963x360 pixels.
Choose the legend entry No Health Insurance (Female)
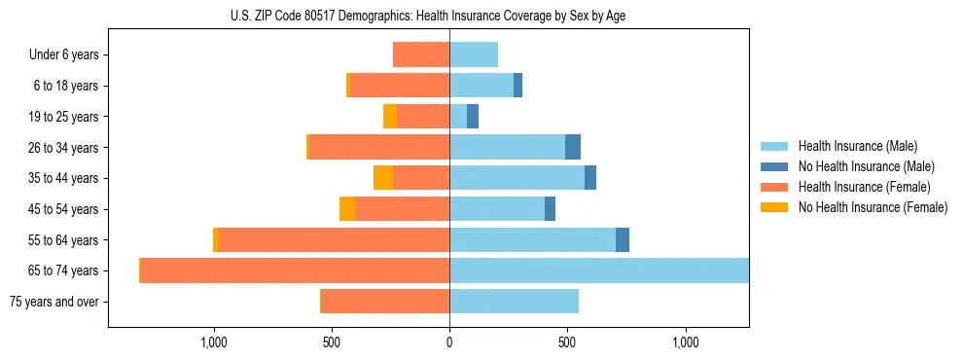(873, 207)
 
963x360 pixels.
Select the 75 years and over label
(54, 302)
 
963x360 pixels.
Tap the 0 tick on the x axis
(449, 342)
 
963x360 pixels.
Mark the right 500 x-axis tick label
(567, 342)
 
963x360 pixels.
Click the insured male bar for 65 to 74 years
(598, 270)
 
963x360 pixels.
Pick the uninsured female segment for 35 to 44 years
(383, 178)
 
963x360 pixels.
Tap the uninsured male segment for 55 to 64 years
(623, 240)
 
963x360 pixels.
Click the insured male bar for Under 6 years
(474, 55)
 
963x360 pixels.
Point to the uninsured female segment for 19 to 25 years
(390, 117)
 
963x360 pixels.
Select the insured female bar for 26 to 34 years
(378, 148)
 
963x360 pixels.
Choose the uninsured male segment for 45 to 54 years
(550, 209)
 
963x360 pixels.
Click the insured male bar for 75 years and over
(514, 302)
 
